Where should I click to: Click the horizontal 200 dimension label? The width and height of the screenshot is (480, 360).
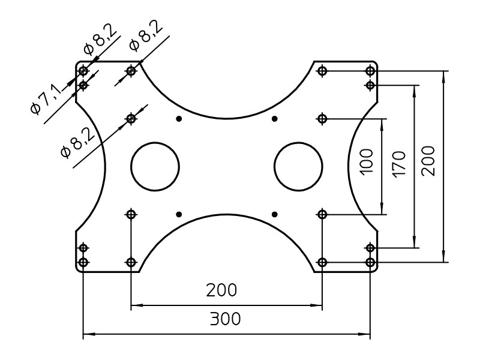point(221,290)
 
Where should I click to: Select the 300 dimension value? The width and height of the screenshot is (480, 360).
point(225,319)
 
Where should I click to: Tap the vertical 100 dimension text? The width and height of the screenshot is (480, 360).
point(367,161)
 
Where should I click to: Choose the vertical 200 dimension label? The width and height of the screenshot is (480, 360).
point(428,161)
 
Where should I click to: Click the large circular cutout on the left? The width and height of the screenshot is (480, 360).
point(155,167)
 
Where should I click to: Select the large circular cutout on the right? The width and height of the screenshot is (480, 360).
point(298,167)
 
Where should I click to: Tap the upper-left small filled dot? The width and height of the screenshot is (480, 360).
point(179,119)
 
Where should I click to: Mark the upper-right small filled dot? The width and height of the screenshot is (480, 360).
point(274,119)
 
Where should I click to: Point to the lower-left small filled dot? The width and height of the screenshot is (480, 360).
point(179,214)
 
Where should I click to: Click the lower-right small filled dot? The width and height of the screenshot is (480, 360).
point(274,214)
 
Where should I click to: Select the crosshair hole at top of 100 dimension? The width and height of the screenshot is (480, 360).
point(322,119)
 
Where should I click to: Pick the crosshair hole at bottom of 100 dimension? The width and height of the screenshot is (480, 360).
point(322,214)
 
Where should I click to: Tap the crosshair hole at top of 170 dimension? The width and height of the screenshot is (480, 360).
point(370,85)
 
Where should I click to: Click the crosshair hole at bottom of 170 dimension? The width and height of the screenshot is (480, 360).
point(370,248)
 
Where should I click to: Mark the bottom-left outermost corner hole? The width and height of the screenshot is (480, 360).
point(83,262)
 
